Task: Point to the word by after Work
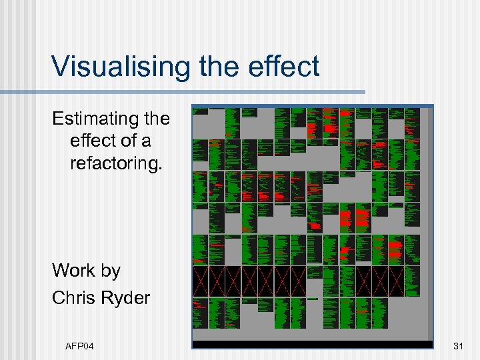pyautogui.click(x=110, y=271)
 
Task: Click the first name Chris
pyautogui.click(x=74, y=297)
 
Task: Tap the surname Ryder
pyautogui.click(x=126, y=297)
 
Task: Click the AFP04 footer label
pyautogui.click(x=79, y=345)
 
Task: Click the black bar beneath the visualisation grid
pyautogui.click(x=312, y=344)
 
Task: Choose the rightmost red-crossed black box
pyautogui.click(x=396, y=281)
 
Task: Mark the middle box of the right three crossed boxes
pyautogui.click(x=380, y=281)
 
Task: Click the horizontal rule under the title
pyautogui.click(x=183, y=91)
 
